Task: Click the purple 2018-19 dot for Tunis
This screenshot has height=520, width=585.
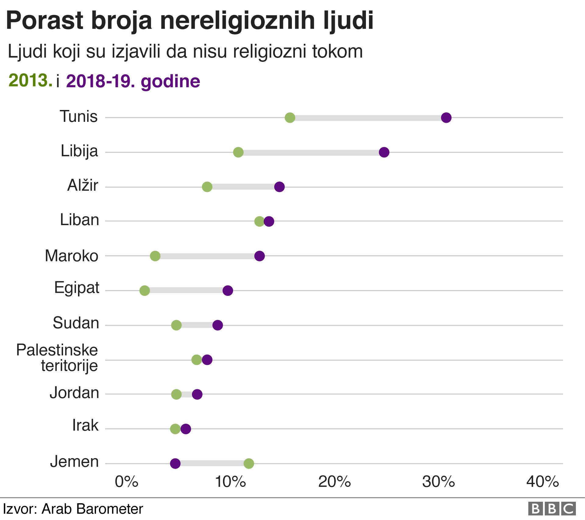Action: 446,117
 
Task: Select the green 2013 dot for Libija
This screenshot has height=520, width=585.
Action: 238,152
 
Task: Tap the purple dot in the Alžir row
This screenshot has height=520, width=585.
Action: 279,187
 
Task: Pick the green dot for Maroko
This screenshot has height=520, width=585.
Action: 155,256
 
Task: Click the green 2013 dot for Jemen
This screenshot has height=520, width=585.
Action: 249,464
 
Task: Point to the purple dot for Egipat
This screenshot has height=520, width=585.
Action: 228,291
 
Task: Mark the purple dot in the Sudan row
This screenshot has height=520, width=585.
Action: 218,325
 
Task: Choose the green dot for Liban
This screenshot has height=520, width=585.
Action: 259,221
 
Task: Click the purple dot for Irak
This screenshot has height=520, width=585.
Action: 186,429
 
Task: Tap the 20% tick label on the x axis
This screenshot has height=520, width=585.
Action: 335,482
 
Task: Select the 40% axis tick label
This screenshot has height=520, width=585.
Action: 543,482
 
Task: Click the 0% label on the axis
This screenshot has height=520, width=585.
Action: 126,482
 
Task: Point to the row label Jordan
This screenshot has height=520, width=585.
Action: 74,393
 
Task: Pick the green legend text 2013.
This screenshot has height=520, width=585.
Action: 30,80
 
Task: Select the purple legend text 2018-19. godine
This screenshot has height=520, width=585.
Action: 133,81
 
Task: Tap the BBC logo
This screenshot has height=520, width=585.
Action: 552,509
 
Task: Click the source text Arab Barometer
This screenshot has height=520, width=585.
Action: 92,509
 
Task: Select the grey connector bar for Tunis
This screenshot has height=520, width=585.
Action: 368,118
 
